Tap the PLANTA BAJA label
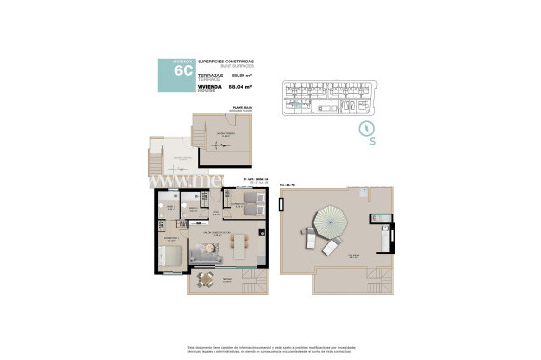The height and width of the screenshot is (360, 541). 244,110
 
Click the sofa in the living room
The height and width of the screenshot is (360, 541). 203,252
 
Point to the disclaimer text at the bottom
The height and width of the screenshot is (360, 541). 270,346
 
